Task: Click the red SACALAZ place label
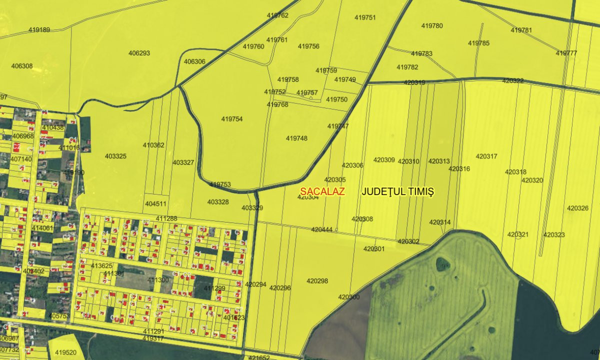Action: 322,191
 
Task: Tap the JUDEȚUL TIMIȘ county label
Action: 397,191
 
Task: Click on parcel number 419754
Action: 231,119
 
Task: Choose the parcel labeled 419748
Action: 296,138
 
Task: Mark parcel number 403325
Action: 115,156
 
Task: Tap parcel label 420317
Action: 486,156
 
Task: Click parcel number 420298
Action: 317,281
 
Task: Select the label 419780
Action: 432,25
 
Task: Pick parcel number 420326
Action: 577,208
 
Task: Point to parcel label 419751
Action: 365,17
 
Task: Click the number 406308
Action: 21,66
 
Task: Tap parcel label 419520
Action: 65,352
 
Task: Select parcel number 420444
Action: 321,229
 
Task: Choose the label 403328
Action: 218,202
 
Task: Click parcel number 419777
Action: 566,53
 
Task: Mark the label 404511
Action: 155,204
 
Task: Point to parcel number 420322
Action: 513,80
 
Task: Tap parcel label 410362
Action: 153,145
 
